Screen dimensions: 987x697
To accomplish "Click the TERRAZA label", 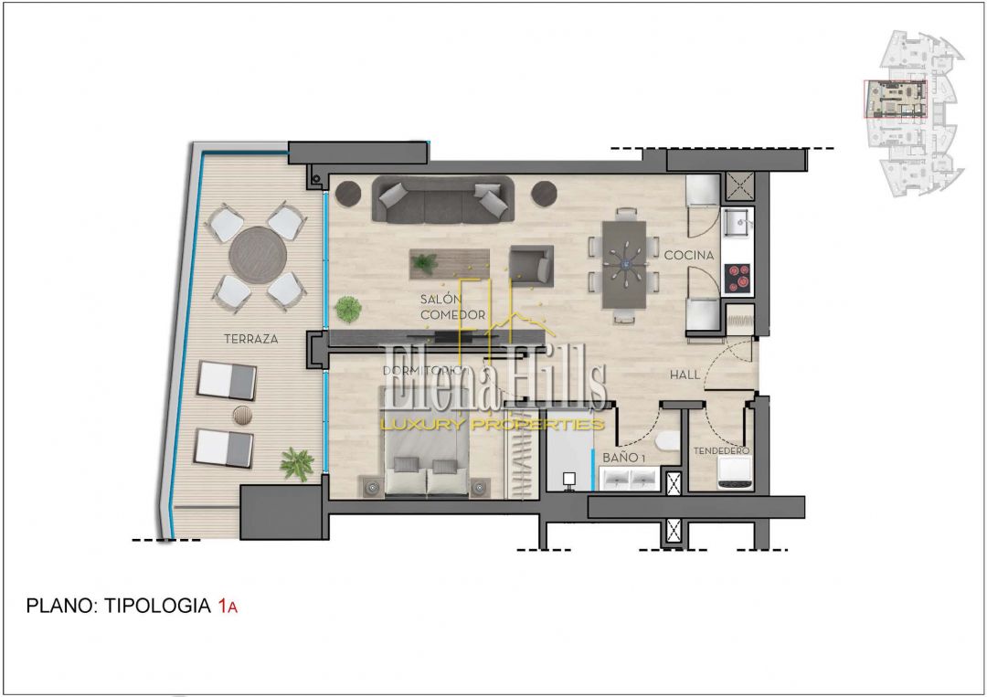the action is (251, 338).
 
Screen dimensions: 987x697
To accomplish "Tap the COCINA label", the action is (689, 255).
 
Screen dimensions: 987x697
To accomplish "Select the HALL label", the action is (685, 375).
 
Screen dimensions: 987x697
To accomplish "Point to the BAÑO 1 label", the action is (624, 458).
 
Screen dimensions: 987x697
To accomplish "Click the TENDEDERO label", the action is (721, 450).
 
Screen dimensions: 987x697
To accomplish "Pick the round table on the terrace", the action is (258, 256).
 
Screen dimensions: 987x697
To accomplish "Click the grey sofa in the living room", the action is (443, 199).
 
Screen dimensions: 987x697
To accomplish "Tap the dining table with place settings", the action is (624, 264).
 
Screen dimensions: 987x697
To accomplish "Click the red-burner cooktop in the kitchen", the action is (738, 279).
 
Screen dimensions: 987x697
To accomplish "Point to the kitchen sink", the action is (738, 222).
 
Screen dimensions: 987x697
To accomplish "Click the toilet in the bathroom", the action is (668, 441).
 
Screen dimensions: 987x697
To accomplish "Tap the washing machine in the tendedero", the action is (736, 473).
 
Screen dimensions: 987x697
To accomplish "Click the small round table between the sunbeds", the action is (242, 415).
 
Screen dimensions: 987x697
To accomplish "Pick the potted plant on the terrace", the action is (296, 464).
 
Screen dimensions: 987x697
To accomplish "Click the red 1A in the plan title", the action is (228, 606).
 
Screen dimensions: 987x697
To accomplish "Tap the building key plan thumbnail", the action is (913, 114).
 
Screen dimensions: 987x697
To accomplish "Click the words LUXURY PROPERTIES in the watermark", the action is (492, 425).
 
